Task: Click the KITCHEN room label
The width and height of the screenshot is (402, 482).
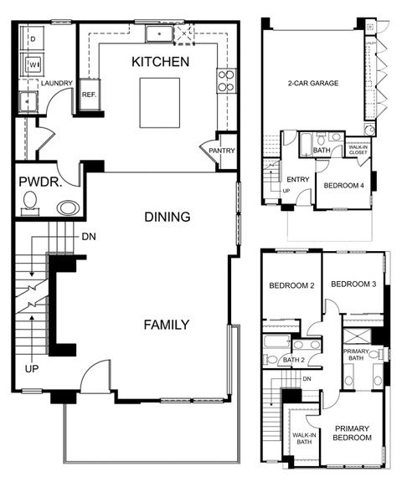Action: pyautogui.click(x=160, y=62)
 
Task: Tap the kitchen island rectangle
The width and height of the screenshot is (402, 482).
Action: pyautogui.click(x=160, y=103)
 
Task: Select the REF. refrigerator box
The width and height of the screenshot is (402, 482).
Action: pyautogui.click(x=90, y=95)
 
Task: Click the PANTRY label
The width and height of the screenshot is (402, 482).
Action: pyautogui.click(x=222, y=151)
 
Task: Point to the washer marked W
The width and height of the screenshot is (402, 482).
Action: pyautogui.click(x=33, y=64)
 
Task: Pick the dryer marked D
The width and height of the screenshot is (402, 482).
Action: pyautogui.click(x=33, y=39)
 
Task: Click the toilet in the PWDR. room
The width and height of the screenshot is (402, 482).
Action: pyautogui.click(x=30, y=203)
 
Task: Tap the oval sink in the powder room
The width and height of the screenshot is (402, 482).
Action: pyautogui.click(x=69, y=208)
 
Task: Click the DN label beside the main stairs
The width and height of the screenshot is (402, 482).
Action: pyautogui.click(x=89, y=237)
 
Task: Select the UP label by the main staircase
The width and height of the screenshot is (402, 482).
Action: pyautogui.click(x=32, y=368)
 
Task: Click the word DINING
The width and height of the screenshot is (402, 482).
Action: pyautogui.click(x=167, y=217)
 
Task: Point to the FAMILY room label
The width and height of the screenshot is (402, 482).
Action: pyautogui.click(x=167, y=325)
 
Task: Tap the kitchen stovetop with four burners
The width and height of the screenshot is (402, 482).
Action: pyautogui.click(x=226, y=80)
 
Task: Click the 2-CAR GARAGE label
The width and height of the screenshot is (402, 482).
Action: pyautogui.click(x=313, y=83)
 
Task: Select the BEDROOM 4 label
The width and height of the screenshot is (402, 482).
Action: pyautogui.click(x=344, y=186)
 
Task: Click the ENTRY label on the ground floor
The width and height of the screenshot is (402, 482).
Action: pyautogui.click(x=298, y=179)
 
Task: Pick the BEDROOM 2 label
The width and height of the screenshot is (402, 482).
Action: pyautogui.click(x=291, y=285)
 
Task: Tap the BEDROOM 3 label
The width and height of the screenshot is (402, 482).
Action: pyautogui.click(x=353, y=284)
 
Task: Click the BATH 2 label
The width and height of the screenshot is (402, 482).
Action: pyautogui.click(x=294, y=360)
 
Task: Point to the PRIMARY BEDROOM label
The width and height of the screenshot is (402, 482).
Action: pyautogui.click(x=352, y=433)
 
